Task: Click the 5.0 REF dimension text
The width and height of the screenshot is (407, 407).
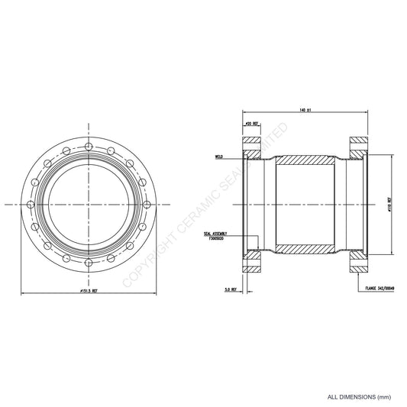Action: [230, 289]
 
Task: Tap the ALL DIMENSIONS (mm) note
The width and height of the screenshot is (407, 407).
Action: [359, 397]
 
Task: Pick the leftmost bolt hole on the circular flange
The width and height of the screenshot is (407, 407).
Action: [29, 205]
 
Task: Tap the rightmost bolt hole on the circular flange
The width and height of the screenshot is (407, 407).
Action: [150, 205]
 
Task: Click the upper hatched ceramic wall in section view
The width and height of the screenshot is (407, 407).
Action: [305, 163]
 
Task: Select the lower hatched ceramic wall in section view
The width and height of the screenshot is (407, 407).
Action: [305, 248]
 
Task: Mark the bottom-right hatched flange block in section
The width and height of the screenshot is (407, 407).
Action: [359, 266]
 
